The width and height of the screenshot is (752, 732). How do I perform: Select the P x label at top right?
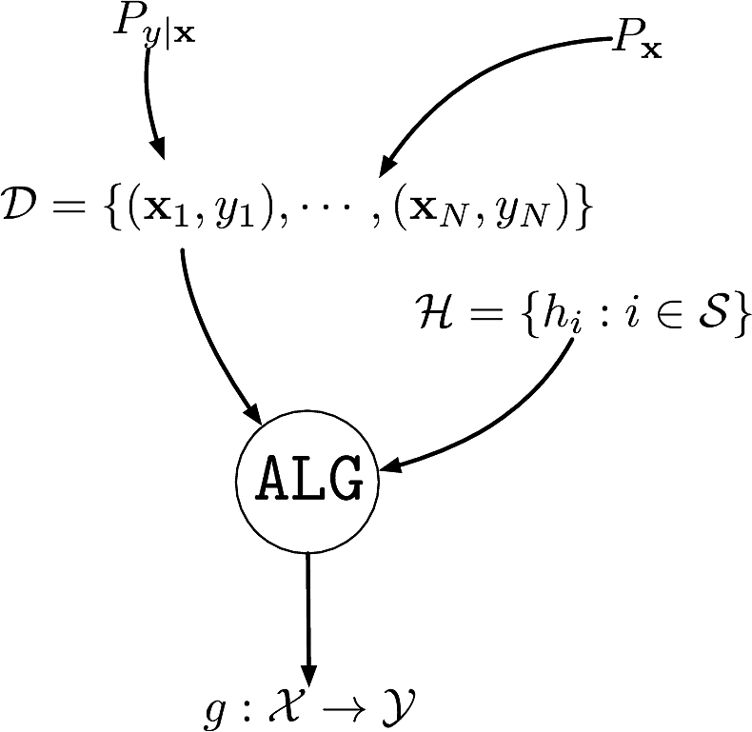(636, 44)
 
